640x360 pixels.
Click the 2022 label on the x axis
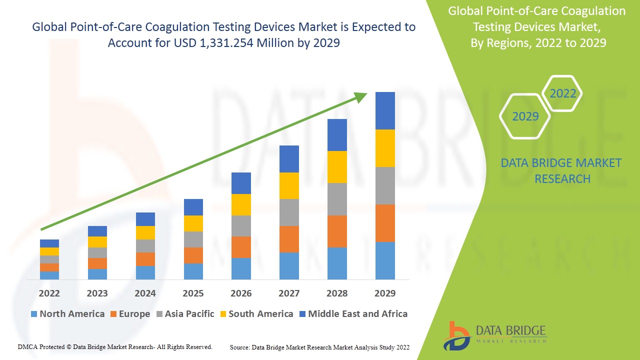[49, 293]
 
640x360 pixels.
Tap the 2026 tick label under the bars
[241, 293]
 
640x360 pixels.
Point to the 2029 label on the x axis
[385, 293]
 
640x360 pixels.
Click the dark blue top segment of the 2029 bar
[385, 110]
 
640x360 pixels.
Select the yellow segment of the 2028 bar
[337, 167]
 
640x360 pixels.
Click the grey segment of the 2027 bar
[289, 212]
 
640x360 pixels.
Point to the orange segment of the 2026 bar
[241, 247]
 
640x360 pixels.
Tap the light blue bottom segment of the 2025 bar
[193, 271]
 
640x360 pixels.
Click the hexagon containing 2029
[525, 116]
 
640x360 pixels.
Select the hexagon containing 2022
[562, 93]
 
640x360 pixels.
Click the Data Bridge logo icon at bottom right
[456, 335]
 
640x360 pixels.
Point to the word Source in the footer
[239, 347]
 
